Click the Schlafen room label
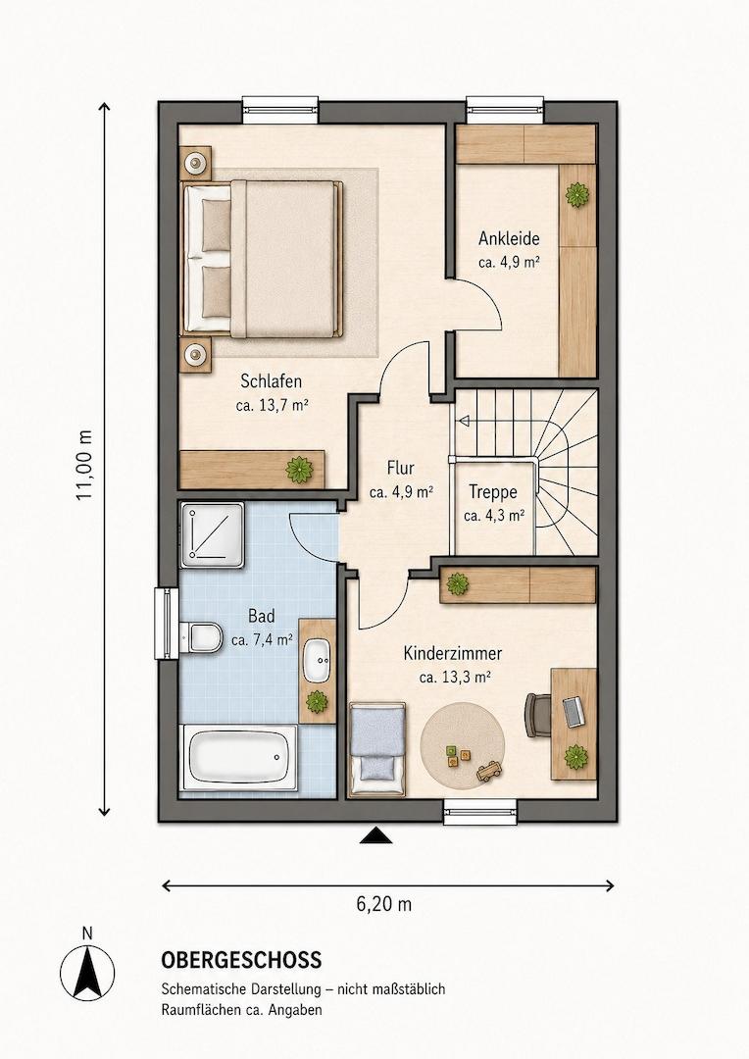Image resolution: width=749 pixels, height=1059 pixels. [x=271, y=380]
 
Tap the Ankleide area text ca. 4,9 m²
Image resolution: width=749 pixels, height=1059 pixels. [x=509, y=262]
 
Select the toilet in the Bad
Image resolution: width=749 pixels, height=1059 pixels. [x=202, y=637]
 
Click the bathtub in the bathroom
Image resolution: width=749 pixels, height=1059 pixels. [x=240, y=757]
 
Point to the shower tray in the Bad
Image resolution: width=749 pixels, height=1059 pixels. [x=212, y=534]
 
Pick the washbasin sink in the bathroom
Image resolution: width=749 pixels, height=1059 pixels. [x=317, y=659]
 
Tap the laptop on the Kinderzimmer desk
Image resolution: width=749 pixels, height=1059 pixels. [x=574, y=711]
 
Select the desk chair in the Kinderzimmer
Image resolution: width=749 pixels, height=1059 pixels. [x=537, y=715]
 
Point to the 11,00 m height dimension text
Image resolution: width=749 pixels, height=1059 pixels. [x=83, y=466]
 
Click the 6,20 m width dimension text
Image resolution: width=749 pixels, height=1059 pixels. [x=383, y=904]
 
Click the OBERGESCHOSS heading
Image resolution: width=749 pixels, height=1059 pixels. [x=241, y=960]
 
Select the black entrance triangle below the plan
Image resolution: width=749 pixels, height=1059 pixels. [x=376, y=836]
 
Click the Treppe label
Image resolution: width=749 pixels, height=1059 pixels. [x=493, y=492]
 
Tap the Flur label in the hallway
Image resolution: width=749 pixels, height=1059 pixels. [x=401, y=468]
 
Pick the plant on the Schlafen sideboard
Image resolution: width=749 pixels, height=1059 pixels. [x=297, y=470]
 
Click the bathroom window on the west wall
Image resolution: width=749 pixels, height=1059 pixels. [x=166, y=624]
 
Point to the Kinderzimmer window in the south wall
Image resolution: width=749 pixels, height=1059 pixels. [x=480, y=811]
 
